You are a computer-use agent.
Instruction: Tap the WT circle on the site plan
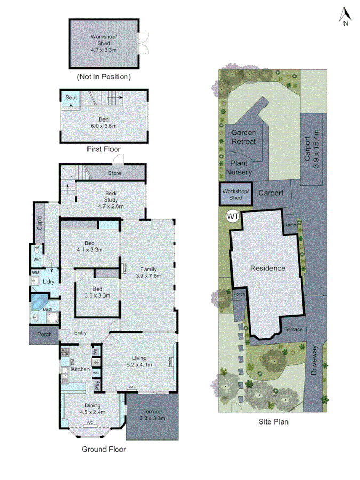click(x=233, y=215)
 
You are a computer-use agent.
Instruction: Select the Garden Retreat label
click(x=244, y=138)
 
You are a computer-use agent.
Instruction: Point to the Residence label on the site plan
click(x=268, y=268)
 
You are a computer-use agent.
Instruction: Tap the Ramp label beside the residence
click(x=290, y=225)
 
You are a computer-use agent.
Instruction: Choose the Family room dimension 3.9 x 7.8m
click(x=148, y=276)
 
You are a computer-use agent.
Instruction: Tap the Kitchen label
click(x=79, y=369)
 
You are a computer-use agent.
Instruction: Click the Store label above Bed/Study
click(x=115, y=173)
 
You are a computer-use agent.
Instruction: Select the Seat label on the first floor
click(x=71, y=98)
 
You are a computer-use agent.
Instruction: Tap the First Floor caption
click(x=103, y=150)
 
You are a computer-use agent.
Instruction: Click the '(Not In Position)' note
click(x=103, y=77)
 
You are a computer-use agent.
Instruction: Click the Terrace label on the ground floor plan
click(x=153, y=411)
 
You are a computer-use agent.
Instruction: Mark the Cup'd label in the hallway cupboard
click(x=39, y=222)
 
